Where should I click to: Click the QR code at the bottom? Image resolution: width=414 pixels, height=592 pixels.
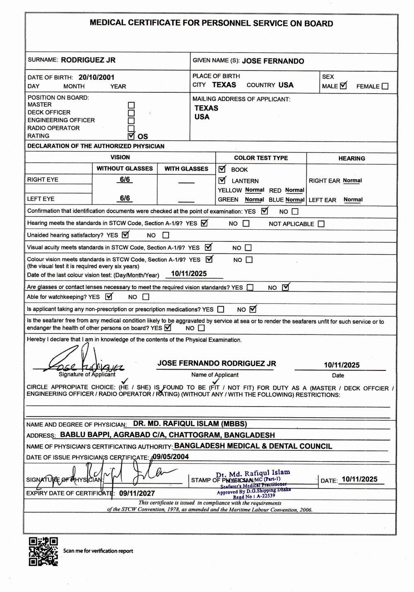click(43, 551)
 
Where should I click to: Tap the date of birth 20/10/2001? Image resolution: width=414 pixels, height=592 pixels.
click(96, 77)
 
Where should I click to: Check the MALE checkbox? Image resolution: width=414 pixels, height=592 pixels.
click(343, 86)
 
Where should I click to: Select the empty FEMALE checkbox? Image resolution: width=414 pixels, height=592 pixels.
click(385, 86)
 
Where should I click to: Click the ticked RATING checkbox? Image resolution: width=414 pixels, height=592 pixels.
click(131, 136)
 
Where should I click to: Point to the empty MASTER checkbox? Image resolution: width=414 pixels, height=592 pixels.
click(131, 105)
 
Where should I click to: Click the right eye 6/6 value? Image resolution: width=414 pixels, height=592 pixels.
click(125, 179)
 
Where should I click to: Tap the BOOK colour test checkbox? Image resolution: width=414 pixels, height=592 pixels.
click(222, 169)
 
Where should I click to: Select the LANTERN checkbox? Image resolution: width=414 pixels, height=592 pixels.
click(222, 180)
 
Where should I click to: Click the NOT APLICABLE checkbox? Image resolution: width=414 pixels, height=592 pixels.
click(321, 224)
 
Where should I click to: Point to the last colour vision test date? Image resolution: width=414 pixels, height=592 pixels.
click(189, 274)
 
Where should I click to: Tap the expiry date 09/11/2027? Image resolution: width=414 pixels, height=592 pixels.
click(137, 493)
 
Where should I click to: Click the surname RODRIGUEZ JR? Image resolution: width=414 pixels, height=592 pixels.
click(88, 60)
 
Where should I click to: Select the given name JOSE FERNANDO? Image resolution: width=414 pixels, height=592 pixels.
click(273, 61)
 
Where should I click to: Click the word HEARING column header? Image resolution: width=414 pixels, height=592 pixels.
click(351, 158)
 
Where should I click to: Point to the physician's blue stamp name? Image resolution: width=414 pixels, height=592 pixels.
click(253, 473)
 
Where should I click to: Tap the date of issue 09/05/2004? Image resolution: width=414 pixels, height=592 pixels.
click(170, 457)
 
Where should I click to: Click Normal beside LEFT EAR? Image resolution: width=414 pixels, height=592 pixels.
click(353, 199)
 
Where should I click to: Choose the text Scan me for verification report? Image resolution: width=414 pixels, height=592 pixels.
click(98, 551)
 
